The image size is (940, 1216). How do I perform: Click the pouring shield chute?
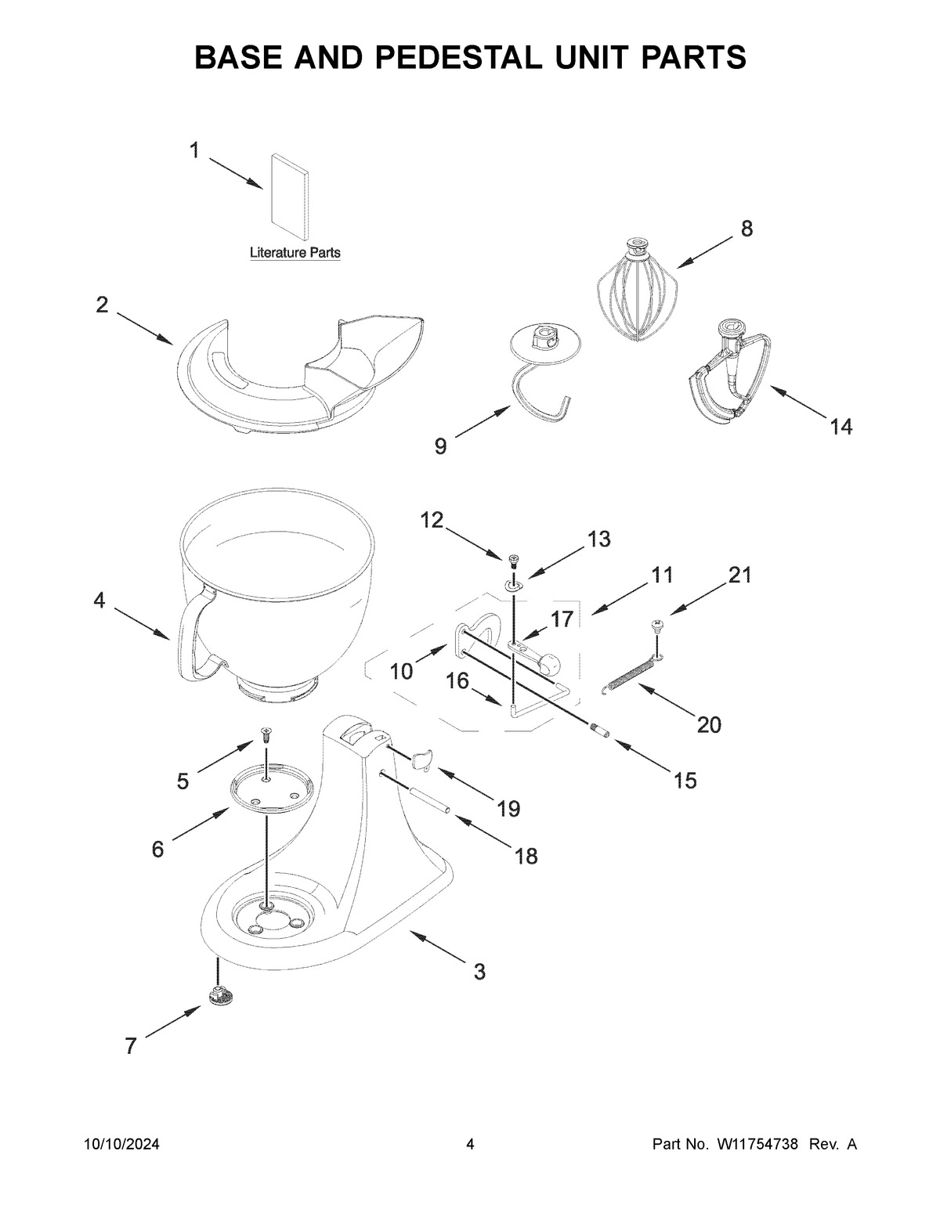tap(376, 348)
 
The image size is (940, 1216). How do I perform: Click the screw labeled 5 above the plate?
tap(266, 734)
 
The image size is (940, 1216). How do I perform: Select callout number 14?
tap(841, 427)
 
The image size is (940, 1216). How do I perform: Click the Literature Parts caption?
tap(295, 253)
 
